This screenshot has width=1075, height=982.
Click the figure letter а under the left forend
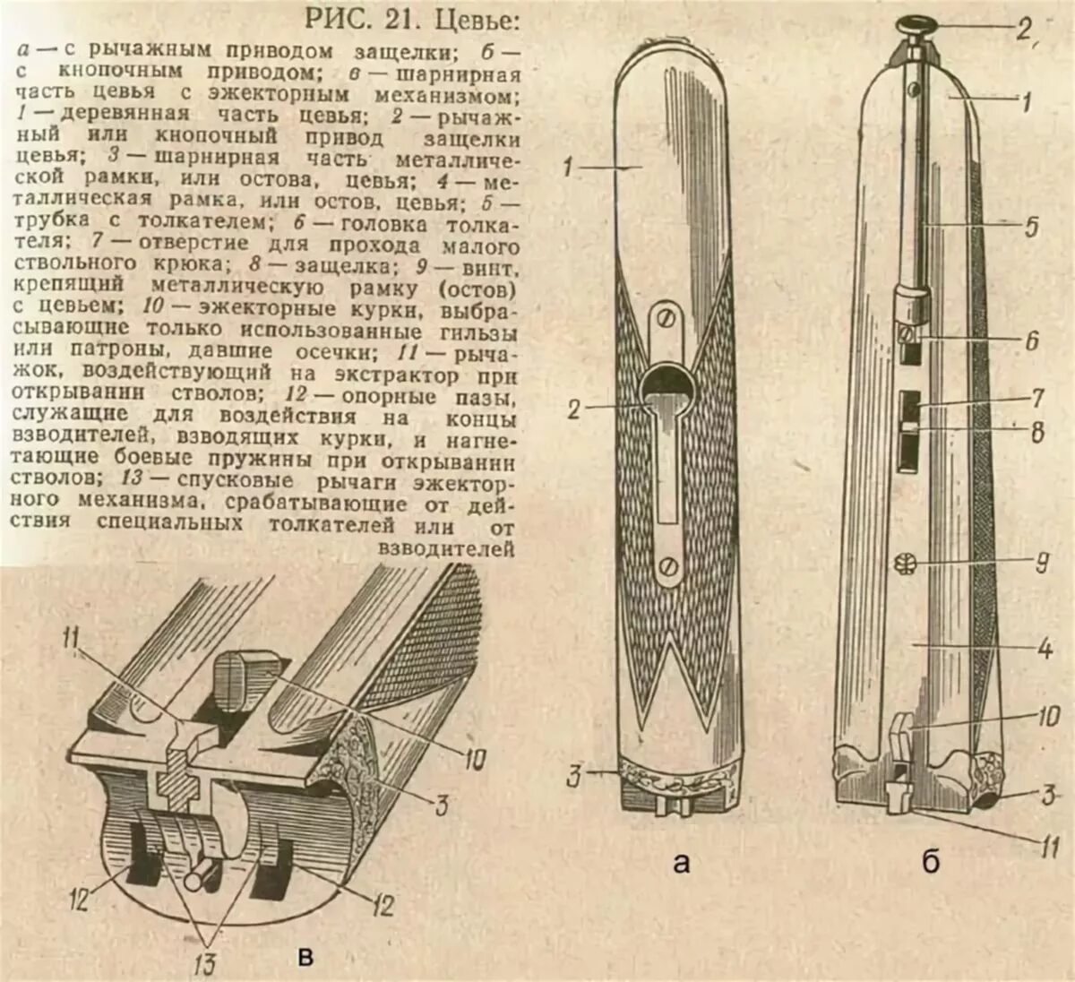click(681, 863)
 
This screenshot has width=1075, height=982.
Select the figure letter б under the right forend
click(931, 862)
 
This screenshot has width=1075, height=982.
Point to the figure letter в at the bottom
click(305, 958)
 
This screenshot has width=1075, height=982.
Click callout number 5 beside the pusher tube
click(1031, 226)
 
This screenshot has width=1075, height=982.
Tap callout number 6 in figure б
click(1031, 340)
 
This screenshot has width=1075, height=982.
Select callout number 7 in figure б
click(1036, 396)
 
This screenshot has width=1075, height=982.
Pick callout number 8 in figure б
click(1036, 433)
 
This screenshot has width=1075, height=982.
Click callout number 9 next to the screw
click(1041, 563)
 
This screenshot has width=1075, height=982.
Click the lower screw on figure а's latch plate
click(667, 565)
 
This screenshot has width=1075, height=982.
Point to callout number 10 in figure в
click(474, 759)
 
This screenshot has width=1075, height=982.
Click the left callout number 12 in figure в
click(81, 898)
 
